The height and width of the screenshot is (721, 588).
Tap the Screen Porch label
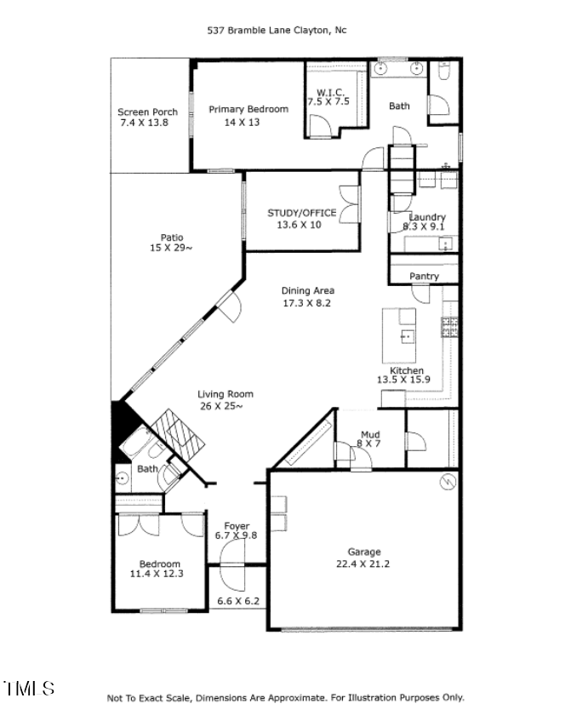147,112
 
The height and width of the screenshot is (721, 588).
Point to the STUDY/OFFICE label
301,213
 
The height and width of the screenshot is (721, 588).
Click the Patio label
172,237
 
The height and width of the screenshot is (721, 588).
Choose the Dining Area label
307,290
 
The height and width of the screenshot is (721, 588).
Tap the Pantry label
424,277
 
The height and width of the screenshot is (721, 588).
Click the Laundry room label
427,217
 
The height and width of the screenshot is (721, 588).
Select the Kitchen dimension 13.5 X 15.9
406,381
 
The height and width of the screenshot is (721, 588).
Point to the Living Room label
225,394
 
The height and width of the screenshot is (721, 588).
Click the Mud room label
370,434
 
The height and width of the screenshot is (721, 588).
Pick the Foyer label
237,525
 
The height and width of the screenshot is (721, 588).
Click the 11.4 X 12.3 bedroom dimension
156,574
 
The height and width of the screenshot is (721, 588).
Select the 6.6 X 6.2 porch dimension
238,601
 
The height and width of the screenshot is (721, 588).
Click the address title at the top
277,30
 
